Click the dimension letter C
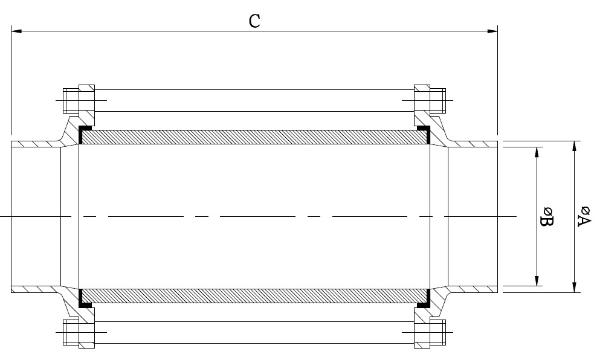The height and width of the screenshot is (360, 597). (x=254, y=21)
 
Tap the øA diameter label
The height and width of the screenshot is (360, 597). (x=584, y=216)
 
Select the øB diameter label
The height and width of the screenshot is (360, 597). (x=547, y=216)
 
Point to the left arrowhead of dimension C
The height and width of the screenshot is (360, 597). (x=16, y=31)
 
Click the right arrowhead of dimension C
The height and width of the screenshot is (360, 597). (x=492, y=31)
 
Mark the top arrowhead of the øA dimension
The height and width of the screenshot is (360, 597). (x=574, y=146)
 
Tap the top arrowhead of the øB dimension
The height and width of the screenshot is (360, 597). (x=537, y=152)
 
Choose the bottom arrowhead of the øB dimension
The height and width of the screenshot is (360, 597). (x=537, y=280)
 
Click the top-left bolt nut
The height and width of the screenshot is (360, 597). (x=71, y=100)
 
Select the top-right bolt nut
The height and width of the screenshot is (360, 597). (x=437, y=100)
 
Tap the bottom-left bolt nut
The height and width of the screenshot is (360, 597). (x=71, y=332)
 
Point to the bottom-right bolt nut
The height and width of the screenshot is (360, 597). (x=437, y=332)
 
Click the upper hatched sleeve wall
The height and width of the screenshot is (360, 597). (x=254, y=137)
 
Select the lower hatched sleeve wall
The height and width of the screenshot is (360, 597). (x=254, y=296)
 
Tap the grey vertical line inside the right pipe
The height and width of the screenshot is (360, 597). (x=448, y=216)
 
